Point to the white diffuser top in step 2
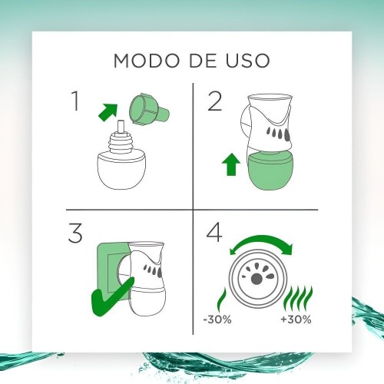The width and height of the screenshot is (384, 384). pos(271,120)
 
